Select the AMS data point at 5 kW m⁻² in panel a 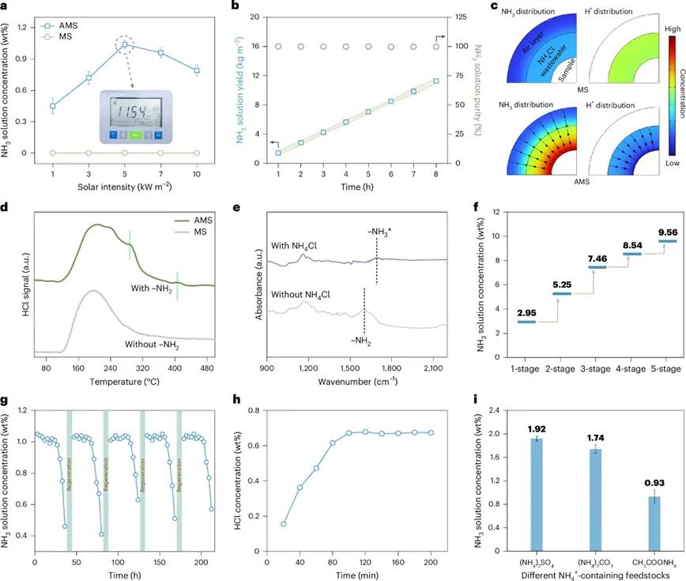click(124, 45)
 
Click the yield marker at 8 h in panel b click(435, 81)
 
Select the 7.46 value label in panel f click(596, 281)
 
